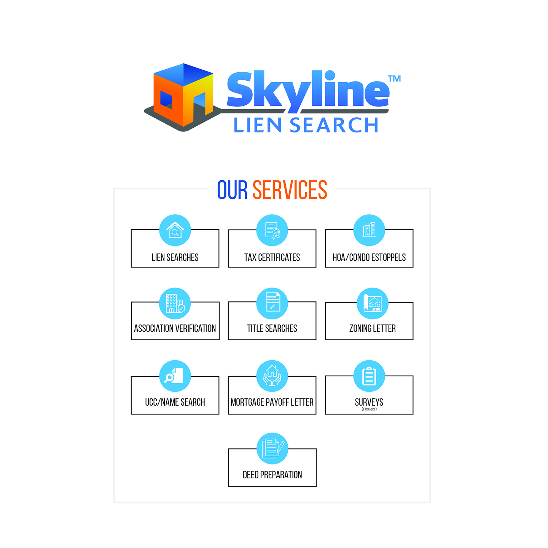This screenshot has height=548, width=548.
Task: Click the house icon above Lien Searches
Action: point(175,230)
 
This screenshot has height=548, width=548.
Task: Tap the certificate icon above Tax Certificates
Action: point(272,230)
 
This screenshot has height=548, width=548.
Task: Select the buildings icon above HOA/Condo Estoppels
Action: point(369,230)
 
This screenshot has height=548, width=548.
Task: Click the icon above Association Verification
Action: point(175,303)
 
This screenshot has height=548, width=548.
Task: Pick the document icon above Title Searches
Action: point(272,303)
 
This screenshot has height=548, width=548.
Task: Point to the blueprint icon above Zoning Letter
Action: point(373,303)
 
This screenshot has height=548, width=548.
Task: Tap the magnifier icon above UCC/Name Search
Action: point(175,376)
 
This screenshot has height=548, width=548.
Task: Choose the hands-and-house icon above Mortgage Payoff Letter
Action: point(272,376)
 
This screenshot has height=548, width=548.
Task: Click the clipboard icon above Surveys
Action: point(369,376)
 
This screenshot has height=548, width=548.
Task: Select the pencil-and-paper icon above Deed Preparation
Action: point(272,448)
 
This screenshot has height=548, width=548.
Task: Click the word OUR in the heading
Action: point(233,190)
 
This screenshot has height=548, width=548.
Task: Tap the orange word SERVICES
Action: point(290,190)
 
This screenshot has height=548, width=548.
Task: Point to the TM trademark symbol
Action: point(394,78)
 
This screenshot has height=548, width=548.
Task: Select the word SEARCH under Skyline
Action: point(334,125)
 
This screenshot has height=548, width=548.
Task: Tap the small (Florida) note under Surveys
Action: point(369,409)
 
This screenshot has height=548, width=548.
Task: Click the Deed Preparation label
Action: point(272,475)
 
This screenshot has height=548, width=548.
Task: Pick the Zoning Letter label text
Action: point(373,328)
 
